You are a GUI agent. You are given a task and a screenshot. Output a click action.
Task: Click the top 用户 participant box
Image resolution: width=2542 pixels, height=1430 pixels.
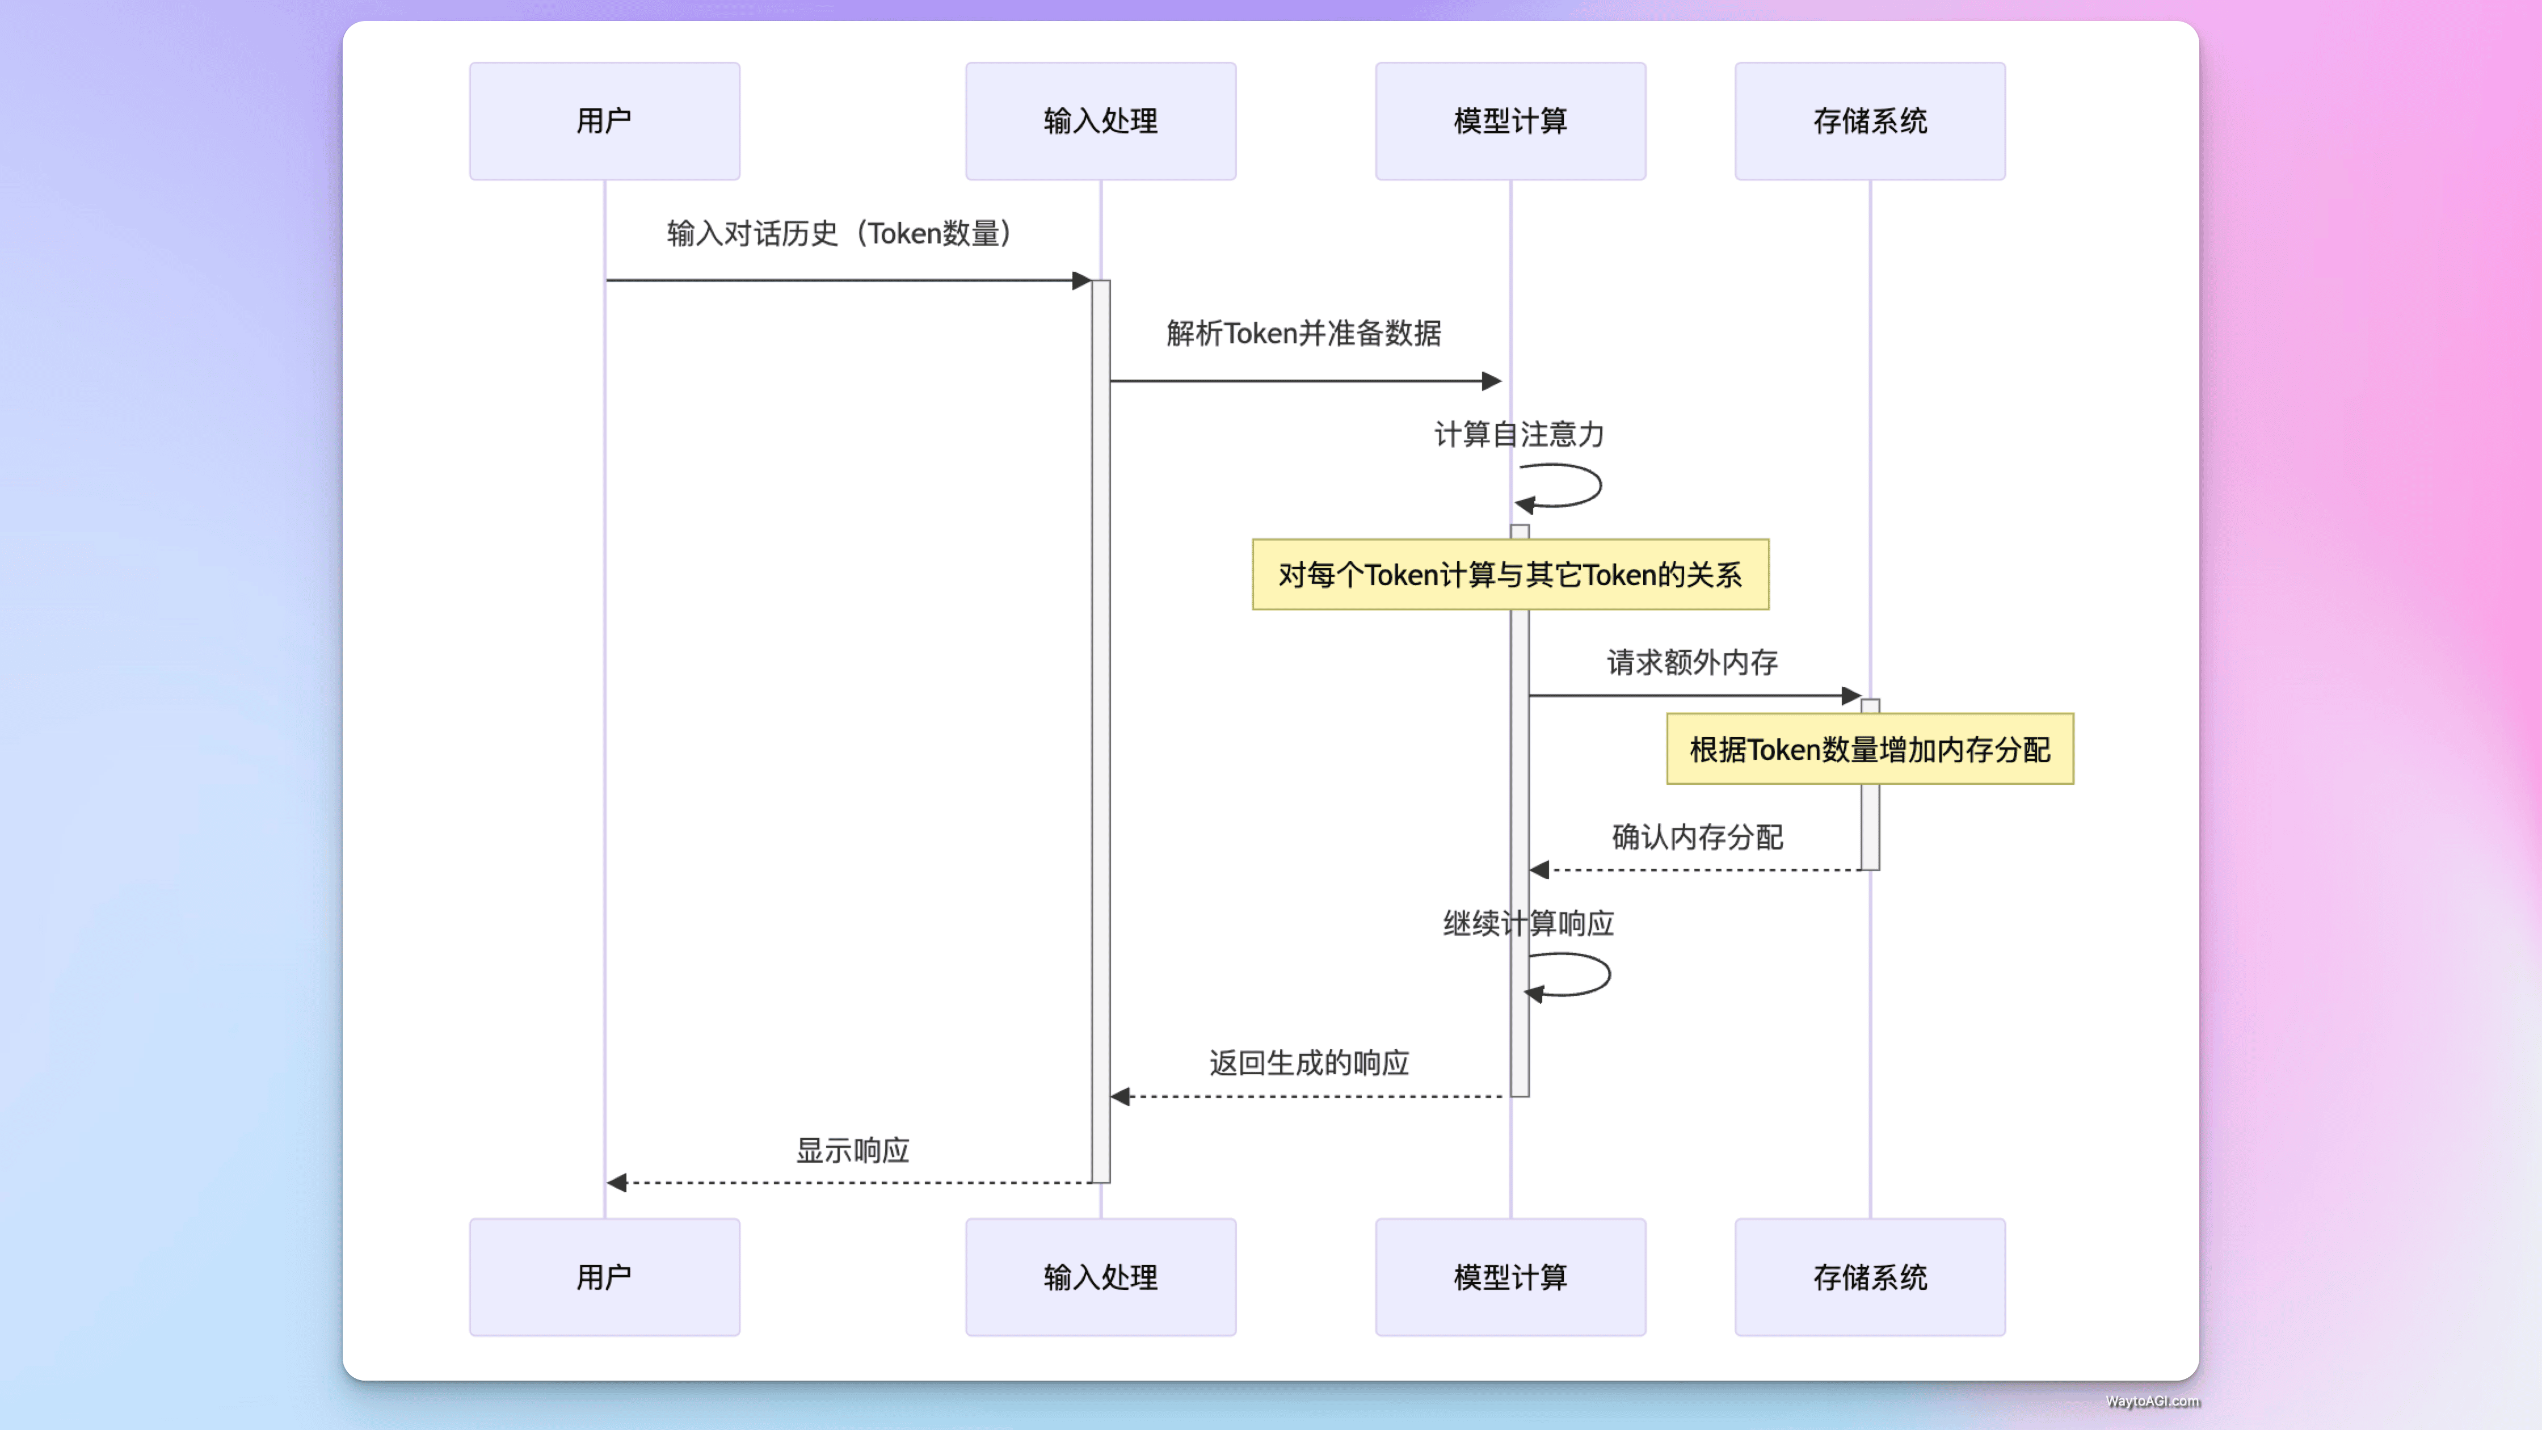[x=604, y=120]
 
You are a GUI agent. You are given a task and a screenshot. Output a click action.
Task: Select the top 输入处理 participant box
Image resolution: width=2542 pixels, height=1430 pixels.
[x=1100, y=120]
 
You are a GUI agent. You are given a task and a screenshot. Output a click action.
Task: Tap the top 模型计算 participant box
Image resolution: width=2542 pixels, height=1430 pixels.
[x=1510, y=120]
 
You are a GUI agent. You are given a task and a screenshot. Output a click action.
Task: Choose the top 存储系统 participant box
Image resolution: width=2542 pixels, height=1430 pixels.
[x=1869, y=120]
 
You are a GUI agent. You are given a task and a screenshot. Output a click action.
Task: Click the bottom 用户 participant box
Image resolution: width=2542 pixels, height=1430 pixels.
[x=604, y=1276]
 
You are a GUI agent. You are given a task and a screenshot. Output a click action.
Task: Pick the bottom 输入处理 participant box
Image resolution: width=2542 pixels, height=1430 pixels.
[x=1100, y=1276]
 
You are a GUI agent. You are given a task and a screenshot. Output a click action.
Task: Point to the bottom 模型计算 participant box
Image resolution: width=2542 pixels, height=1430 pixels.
[x=1510, y=1276]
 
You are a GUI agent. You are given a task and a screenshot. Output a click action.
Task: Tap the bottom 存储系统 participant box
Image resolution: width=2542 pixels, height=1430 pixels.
[x=1869, y=1276]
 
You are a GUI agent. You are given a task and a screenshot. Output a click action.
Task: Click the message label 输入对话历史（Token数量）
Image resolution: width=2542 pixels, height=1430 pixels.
[x=839, y=234]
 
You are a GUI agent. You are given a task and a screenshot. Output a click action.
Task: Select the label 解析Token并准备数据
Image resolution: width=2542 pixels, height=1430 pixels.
[x=1303, y=334]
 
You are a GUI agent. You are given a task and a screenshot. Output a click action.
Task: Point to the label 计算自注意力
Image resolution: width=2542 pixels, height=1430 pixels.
[x=1519, y=434]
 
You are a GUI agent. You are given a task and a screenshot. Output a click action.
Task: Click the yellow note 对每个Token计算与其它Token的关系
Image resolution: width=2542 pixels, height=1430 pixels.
[x=1510, y=574]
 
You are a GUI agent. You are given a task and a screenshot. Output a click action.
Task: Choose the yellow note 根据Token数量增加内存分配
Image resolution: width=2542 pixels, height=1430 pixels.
[x=1869, y=749]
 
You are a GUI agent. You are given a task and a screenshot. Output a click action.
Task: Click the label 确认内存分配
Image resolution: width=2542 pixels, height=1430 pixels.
[x=1697, y=837]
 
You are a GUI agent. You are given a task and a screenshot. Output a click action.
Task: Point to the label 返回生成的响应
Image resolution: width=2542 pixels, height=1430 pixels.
[x=1308, y=1063]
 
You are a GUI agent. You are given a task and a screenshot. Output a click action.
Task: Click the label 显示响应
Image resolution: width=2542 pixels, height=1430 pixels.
[x=853, y=1150]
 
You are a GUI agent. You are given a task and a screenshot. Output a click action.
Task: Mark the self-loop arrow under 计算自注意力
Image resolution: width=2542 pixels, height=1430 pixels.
[x=1569, y=486]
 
